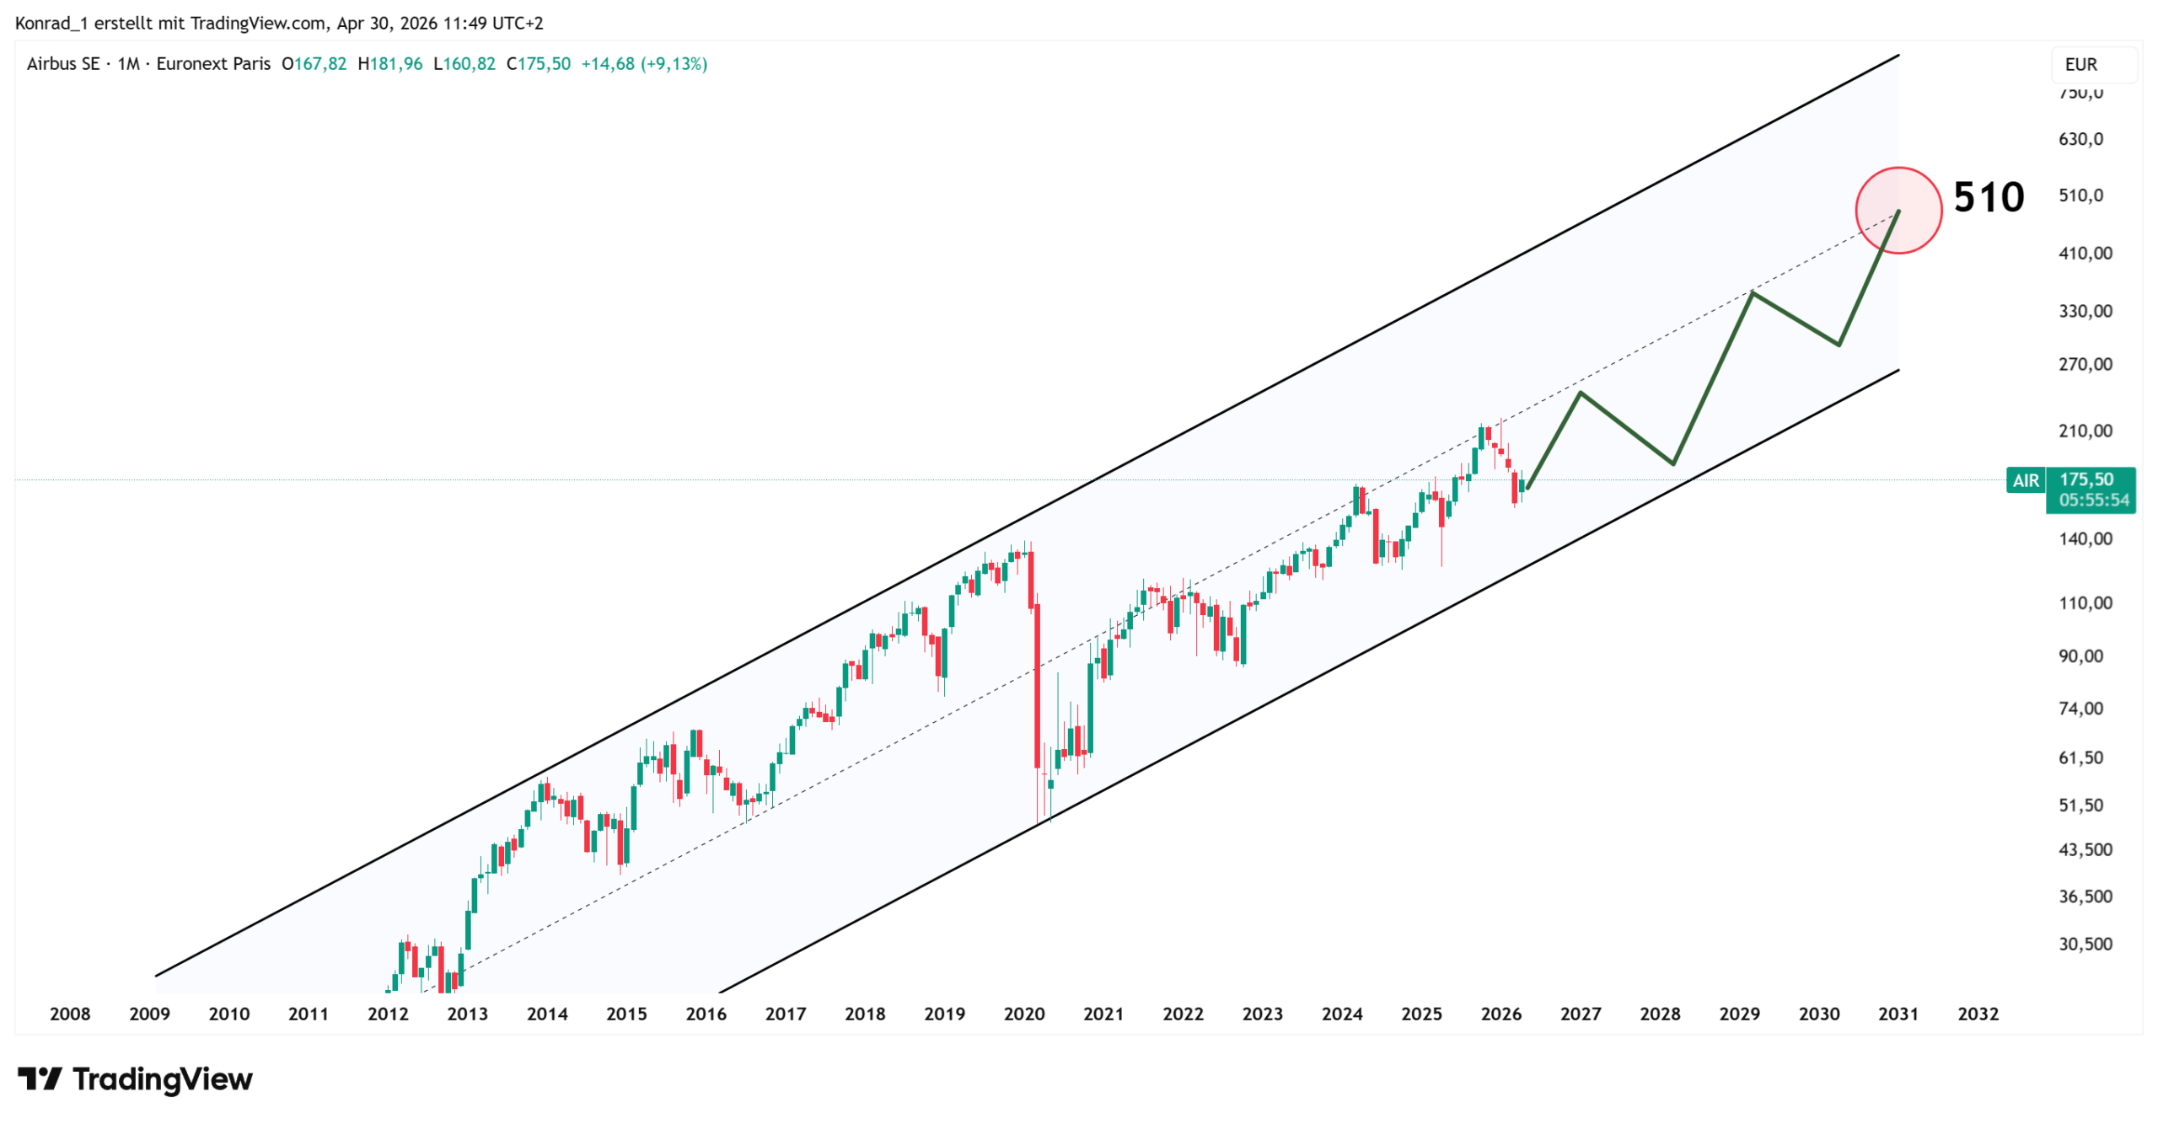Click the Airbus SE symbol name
62,63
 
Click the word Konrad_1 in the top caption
51,23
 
